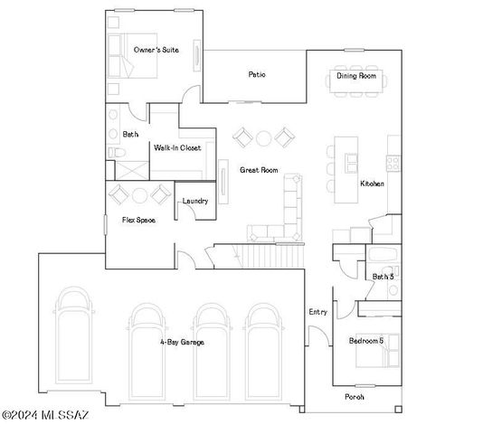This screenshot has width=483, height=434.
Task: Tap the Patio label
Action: pos(257,75)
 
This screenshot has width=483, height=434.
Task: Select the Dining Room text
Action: pos(356,76)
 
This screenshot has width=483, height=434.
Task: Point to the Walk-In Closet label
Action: pos(177,147)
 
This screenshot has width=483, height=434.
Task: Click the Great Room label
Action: pos(258,169)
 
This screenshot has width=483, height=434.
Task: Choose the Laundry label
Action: pos(195,201)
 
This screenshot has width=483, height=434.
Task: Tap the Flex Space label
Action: pos(126,220)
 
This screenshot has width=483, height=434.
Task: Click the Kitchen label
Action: pos(373,184)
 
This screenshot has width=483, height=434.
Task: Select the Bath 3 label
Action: pos(383,277)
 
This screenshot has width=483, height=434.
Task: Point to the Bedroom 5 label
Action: pos(367,340)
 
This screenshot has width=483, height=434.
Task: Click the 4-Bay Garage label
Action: pos(182,342)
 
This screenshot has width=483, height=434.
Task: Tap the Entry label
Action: pos(317,312)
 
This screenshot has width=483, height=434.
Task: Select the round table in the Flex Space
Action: pos(138,195)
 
